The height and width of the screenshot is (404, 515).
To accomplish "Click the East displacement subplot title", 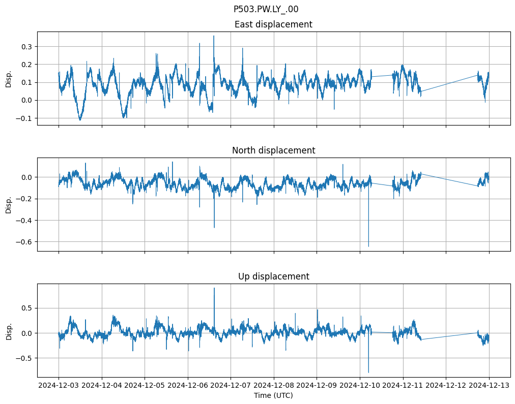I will pos(273,24).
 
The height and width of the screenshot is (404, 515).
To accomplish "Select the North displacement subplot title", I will pos(273,150).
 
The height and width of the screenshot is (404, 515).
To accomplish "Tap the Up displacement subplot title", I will pos(273,276).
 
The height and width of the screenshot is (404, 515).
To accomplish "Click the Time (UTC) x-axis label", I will pos(273,395).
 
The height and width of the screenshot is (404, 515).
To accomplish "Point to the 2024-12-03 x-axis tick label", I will pos(59,386).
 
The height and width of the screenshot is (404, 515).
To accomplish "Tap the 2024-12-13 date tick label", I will pos(489,386).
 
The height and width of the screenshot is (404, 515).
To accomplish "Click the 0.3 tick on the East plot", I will pos(26,47).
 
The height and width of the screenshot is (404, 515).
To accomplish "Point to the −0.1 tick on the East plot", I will pos(24,118).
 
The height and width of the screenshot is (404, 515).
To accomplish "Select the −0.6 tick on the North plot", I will pos(24,242).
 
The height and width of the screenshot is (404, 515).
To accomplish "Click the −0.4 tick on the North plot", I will pos(24,221).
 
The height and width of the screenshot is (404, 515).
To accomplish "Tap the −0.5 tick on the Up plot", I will pos(24,358).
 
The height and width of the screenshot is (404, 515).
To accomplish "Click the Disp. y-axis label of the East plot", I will pos(9,78).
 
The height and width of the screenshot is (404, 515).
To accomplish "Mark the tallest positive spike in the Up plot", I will pos(214,288).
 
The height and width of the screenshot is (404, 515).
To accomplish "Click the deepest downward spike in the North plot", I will pos(368,246).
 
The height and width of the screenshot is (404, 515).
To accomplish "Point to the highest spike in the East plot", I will pos(214,36).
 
